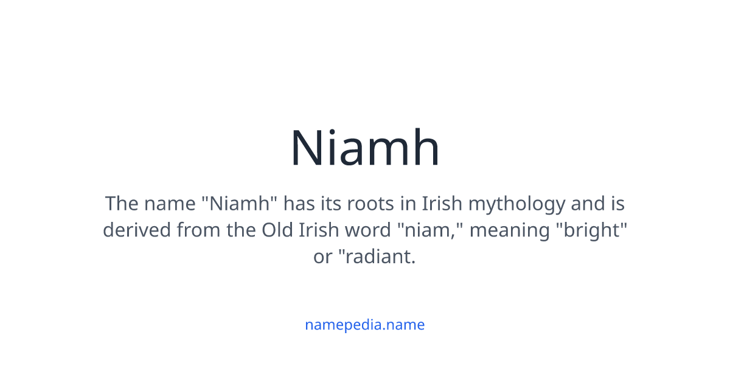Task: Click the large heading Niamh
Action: click(x=365, y=148)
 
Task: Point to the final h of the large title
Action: click(x=426, y=148)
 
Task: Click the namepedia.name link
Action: click(x=365, y=325)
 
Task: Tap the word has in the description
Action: click(x=299, y=204)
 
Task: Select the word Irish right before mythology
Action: click(x=441, y=204)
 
